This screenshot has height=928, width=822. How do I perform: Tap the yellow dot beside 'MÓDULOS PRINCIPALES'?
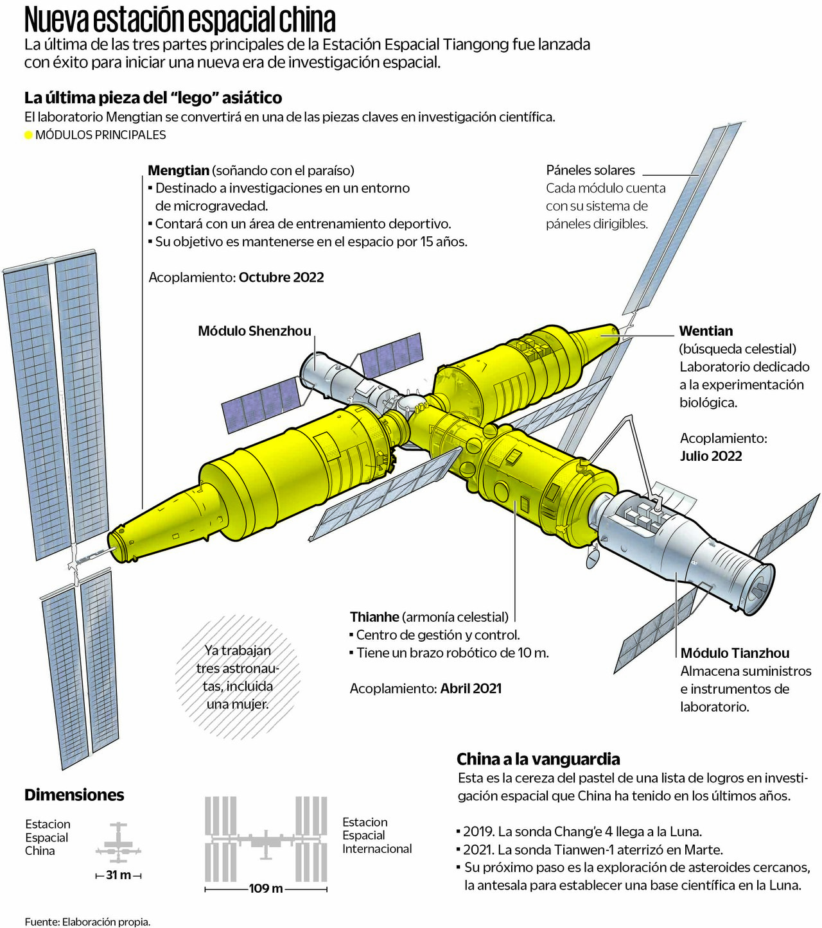pyautogui.click(x=28, y=135)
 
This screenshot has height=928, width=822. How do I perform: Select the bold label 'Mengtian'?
pyautogui.click(x=179, y=170)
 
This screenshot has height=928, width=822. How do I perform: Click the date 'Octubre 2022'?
pyautogui.click(x=281, y=277)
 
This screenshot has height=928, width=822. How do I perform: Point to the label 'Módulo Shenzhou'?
pyautogui.click(x=254, y=331)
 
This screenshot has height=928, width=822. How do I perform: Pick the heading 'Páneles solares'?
pyautogui.click(x=590, y=170)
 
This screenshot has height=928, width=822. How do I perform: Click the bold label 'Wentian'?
pyautogui.click(x=706, y=331)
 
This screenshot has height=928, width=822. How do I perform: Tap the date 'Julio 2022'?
pyautogui.click(x=711, y=456)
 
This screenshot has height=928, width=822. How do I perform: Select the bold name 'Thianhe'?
pyautogui.click(x=374, y=617)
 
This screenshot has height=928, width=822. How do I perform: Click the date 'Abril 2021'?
pyautogui.click(x=471, y=689)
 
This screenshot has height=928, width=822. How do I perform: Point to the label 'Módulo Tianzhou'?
pyautogui.click(x=735, y=653)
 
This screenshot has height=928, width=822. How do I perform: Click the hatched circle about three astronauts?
pyautogui.click(x=238, y=677)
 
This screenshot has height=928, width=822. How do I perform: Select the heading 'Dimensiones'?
pyautogui.click(x=74, y=795)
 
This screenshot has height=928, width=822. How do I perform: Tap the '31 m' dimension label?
pyautogui.click(x=118, y=875)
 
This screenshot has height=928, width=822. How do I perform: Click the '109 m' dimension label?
pyautogui.click(x=266, y=889)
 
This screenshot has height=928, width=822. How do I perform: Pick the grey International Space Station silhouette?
pyautogui.click(x=266, y=838)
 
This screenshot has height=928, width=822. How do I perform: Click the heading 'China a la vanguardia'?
pyautogui.click(x=538, y=759)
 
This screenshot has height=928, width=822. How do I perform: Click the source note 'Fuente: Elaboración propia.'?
pyautogui.click(x=87, y=922)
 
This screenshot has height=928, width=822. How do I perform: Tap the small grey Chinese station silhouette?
pyautogui.click(x=118, y=843)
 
